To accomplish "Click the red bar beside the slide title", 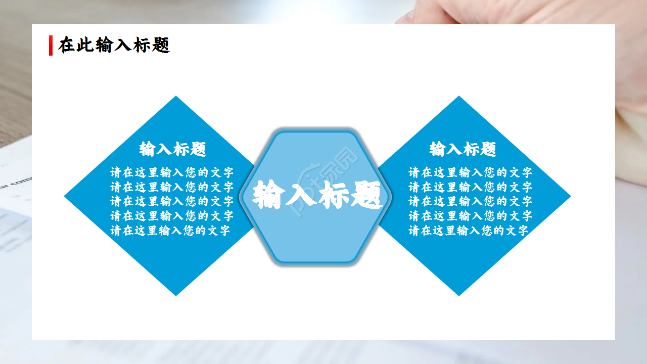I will (51, 45).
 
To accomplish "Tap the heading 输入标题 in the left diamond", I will (173, 149).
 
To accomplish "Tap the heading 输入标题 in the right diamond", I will (463, 149).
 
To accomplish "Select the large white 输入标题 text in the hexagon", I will (317, 195).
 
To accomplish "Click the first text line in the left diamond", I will (172, 172).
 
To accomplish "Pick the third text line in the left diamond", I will (172, 202).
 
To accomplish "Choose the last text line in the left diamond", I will (170, 231).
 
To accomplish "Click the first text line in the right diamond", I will (470, 172).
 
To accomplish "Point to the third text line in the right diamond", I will (470, 202).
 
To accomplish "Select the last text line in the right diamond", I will (469, 231).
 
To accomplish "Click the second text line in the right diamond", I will (470, 187).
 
